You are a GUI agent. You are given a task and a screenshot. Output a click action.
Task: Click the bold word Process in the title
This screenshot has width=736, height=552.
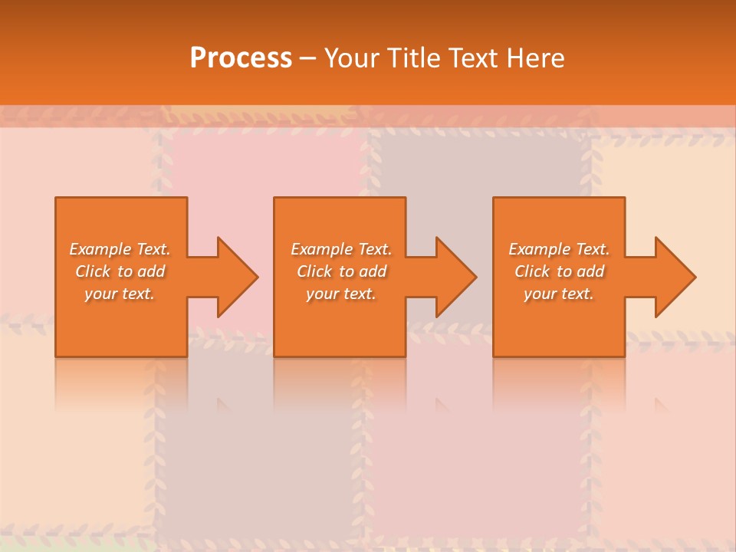click(241, 58)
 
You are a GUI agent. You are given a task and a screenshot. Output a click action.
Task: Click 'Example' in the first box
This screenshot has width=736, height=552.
click(100, 249)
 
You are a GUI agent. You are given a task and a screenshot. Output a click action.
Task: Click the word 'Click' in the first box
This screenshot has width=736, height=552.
click(93, 271)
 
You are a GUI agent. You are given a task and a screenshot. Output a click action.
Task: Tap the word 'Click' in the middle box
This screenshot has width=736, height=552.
click(314, 271)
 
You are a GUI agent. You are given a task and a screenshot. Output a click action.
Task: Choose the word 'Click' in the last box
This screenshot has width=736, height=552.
click(532, 271)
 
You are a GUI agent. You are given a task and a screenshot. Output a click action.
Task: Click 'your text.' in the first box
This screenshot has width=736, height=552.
click(120, 294)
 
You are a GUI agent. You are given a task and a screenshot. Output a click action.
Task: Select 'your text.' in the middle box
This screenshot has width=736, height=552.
click(341, 294)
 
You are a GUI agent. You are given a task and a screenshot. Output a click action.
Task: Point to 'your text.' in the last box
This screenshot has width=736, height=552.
click(559, 294)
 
